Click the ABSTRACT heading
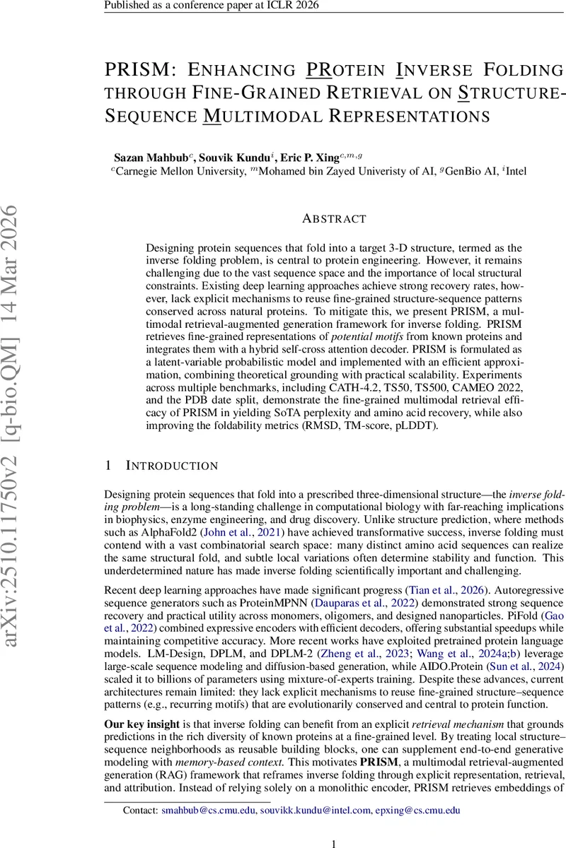334,219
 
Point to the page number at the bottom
334,844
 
